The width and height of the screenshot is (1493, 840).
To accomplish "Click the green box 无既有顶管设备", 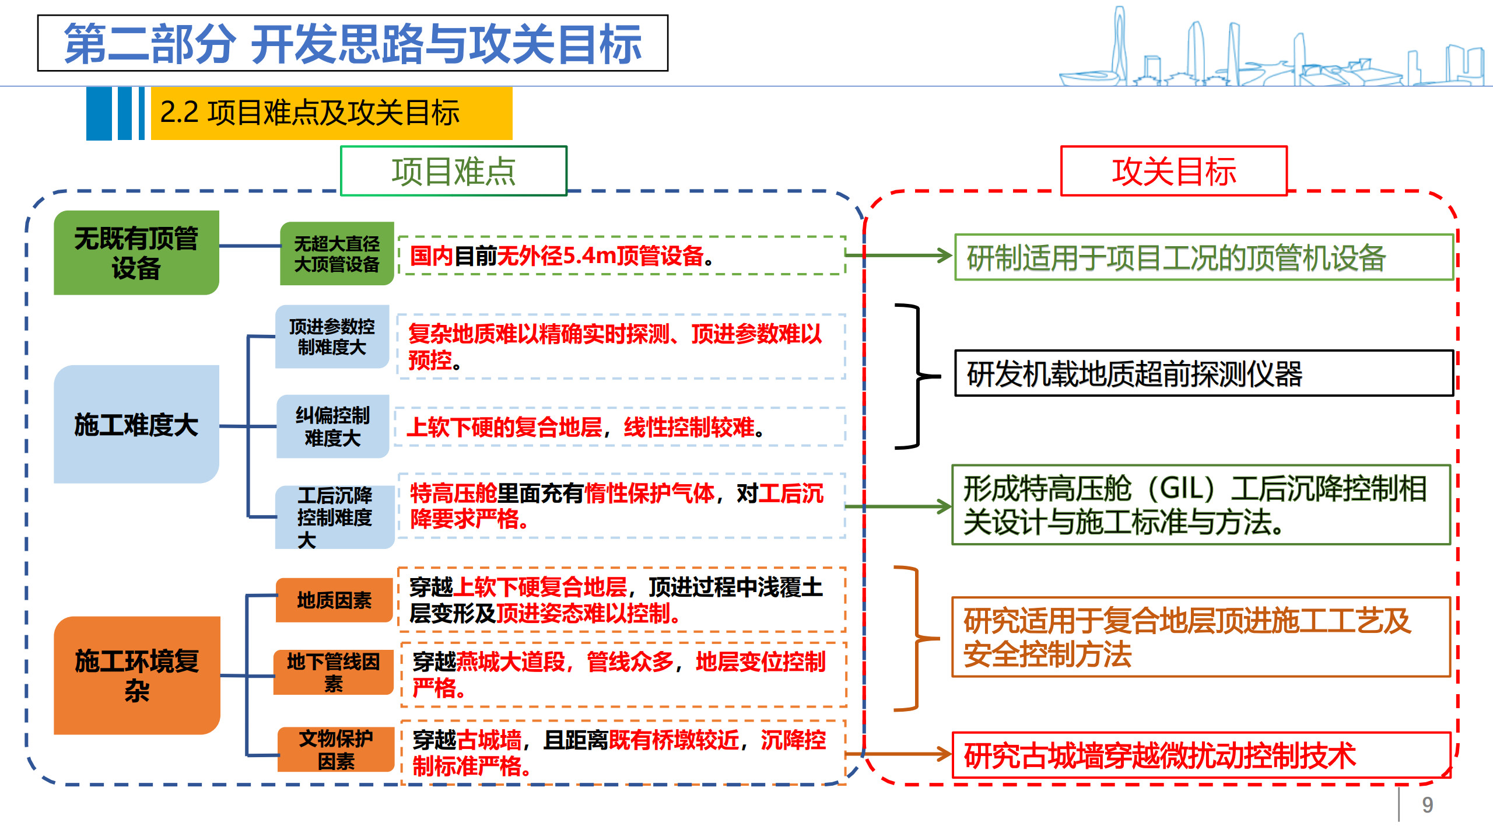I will (x=136, y=253).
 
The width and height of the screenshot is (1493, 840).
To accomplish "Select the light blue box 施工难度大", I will (x=136, y=424).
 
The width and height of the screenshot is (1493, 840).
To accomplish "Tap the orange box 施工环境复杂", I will (x=136, y=675).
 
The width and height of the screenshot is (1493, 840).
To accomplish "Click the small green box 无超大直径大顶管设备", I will (x=337, y=254).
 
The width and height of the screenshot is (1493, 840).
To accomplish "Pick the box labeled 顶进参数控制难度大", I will (x=332, y=337).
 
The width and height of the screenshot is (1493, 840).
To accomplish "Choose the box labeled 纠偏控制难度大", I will (x=332, y=426).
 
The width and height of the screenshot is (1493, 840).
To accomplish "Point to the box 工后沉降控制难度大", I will (x=334, y=517).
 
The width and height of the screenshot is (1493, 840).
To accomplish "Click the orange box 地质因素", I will (x=334, y=600).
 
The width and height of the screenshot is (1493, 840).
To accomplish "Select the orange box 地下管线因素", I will (x=334, y=672).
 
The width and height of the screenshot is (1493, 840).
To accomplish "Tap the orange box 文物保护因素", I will (x=336, y=750).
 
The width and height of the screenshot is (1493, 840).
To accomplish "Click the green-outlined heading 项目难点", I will (x=453, y=171).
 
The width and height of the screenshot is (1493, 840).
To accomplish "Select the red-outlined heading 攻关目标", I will (x=1173, y=171).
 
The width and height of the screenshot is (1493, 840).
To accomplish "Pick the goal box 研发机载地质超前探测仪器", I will (x=1203, y=373).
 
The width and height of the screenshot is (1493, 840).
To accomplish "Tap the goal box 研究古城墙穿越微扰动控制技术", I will (x=1201, y=755).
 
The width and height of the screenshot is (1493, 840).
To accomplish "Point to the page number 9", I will (x=1427, y=805).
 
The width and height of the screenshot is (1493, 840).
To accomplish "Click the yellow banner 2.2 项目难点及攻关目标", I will (x=331, y=113).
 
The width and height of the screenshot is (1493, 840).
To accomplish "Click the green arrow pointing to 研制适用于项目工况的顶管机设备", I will (x=898, y=256).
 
